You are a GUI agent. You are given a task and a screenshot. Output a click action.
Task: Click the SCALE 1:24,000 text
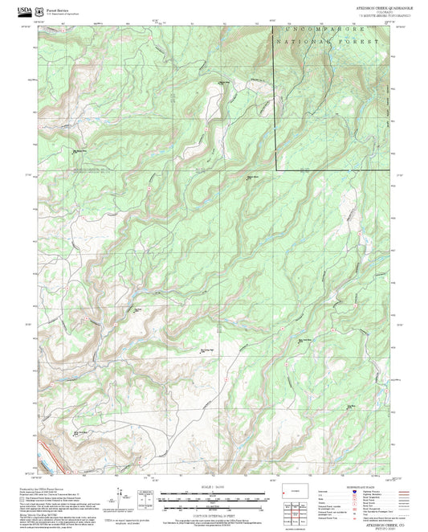[214, 488]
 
